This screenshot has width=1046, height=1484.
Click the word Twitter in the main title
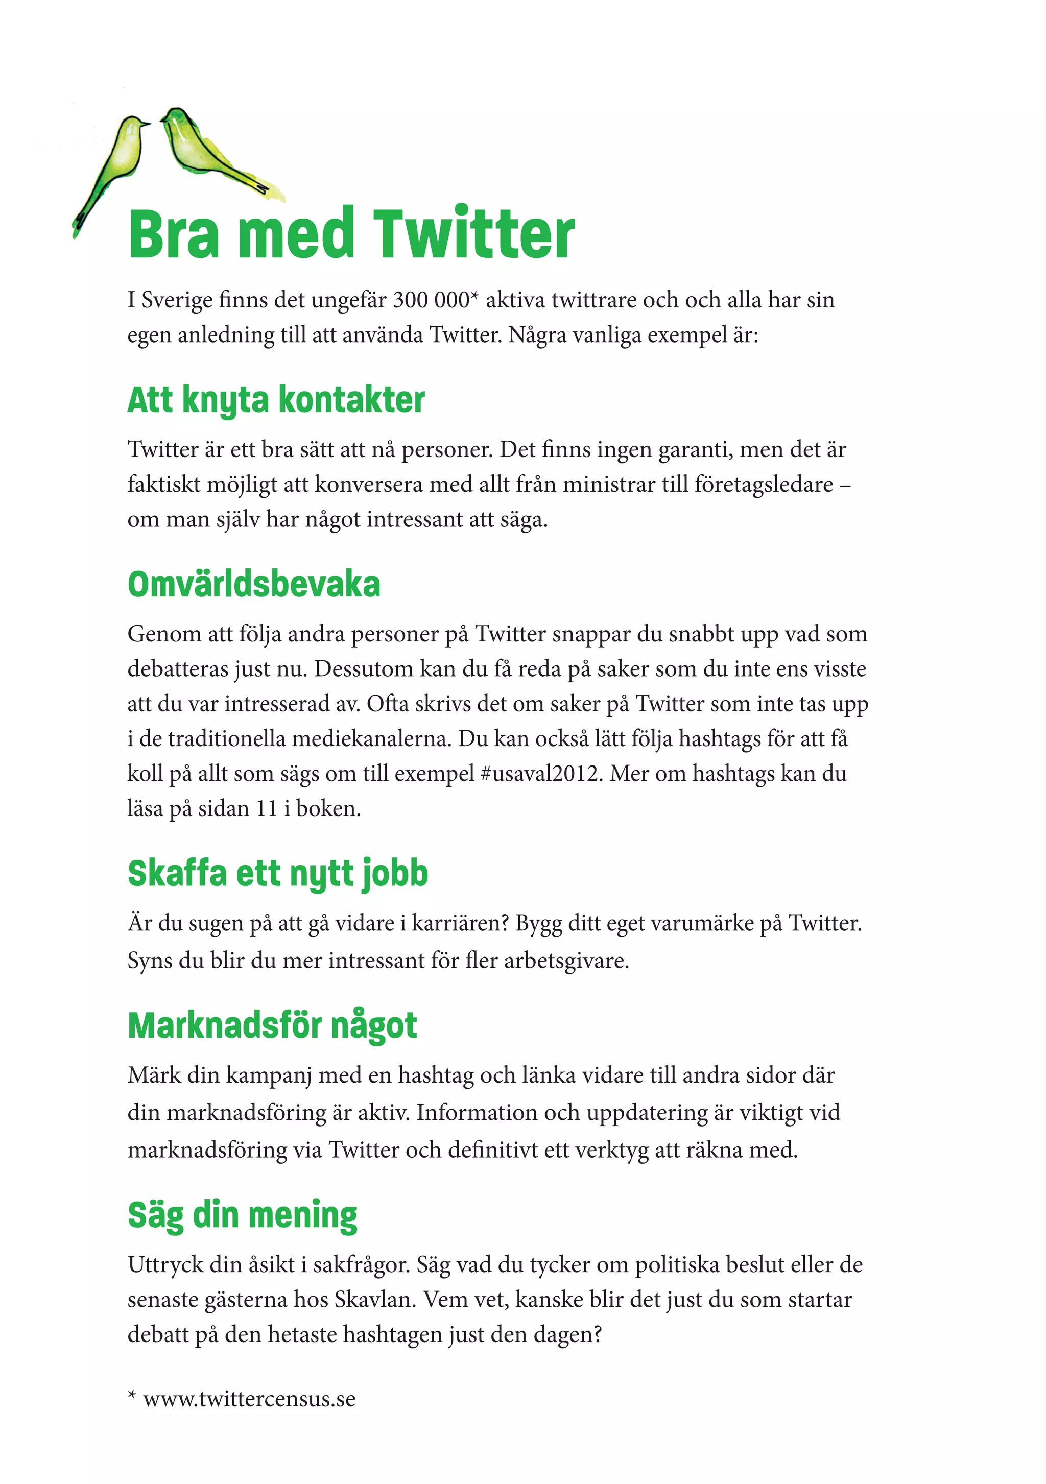[474, 234]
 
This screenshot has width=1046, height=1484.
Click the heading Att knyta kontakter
[276, 400]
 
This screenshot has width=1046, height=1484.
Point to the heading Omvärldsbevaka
[253, 584]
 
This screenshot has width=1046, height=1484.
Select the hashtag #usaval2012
[542, 774]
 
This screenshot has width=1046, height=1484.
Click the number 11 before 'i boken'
[266, 808]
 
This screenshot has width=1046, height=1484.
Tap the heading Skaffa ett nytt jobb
[277, 874]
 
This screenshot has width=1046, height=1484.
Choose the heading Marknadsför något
[272, 1026]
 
